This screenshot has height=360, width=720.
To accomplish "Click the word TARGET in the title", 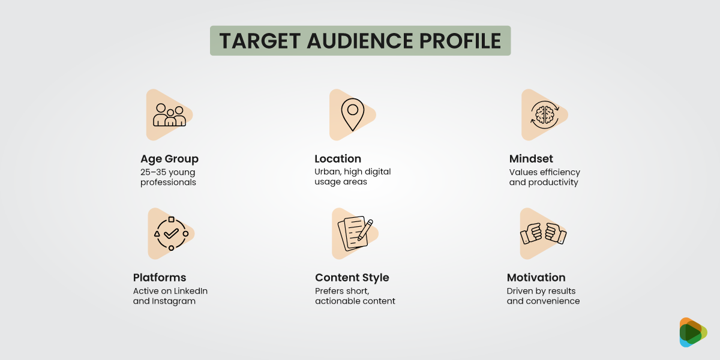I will (258, 41).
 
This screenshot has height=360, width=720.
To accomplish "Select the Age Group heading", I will (169, 159).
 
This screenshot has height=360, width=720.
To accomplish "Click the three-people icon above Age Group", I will (169, 115).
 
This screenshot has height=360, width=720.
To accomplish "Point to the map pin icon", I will (352, 115).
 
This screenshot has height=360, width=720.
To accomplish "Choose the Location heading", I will (338, 159).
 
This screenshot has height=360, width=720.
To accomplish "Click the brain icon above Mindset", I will (544, 115).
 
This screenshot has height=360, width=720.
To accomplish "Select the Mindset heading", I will (531, 159).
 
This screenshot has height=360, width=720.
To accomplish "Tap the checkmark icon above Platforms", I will (171, 233).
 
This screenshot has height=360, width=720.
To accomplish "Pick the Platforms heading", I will (160, 278).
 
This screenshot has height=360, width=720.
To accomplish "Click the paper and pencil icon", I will (355, 233).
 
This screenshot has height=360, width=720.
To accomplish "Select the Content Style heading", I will (352, 278).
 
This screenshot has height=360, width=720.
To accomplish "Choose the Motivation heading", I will (536, 278).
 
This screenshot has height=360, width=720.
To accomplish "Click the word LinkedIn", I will (188, 291).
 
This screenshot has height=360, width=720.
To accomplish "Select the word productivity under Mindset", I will (553, 182).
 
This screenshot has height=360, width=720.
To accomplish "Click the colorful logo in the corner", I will (692, 332).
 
